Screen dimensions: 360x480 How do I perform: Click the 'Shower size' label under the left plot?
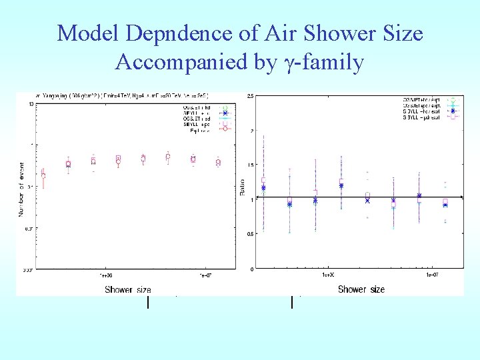(x=127, y=289)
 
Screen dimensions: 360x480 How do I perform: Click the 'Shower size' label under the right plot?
(x=361, y=289)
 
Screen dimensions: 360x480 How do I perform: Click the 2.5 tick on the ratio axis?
(x=249, y=97)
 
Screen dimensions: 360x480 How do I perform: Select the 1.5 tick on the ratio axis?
(x=249, y=165)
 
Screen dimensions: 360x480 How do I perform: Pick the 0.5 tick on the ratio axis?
(x=249, y=234)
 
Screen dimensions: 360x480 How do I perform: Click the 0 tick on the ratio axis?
(x=251, y=269)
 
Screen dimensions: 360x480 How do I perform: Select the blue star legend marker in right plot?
(x=453, y=111)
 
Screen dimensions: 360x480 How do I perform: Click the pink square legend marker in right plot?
(x=453, y=116)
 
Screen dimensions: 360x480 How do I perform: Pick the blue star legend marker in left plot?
(x=225, y=113)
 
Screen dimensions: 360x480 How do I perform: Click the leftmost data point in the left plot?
(x=43, y=176)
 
